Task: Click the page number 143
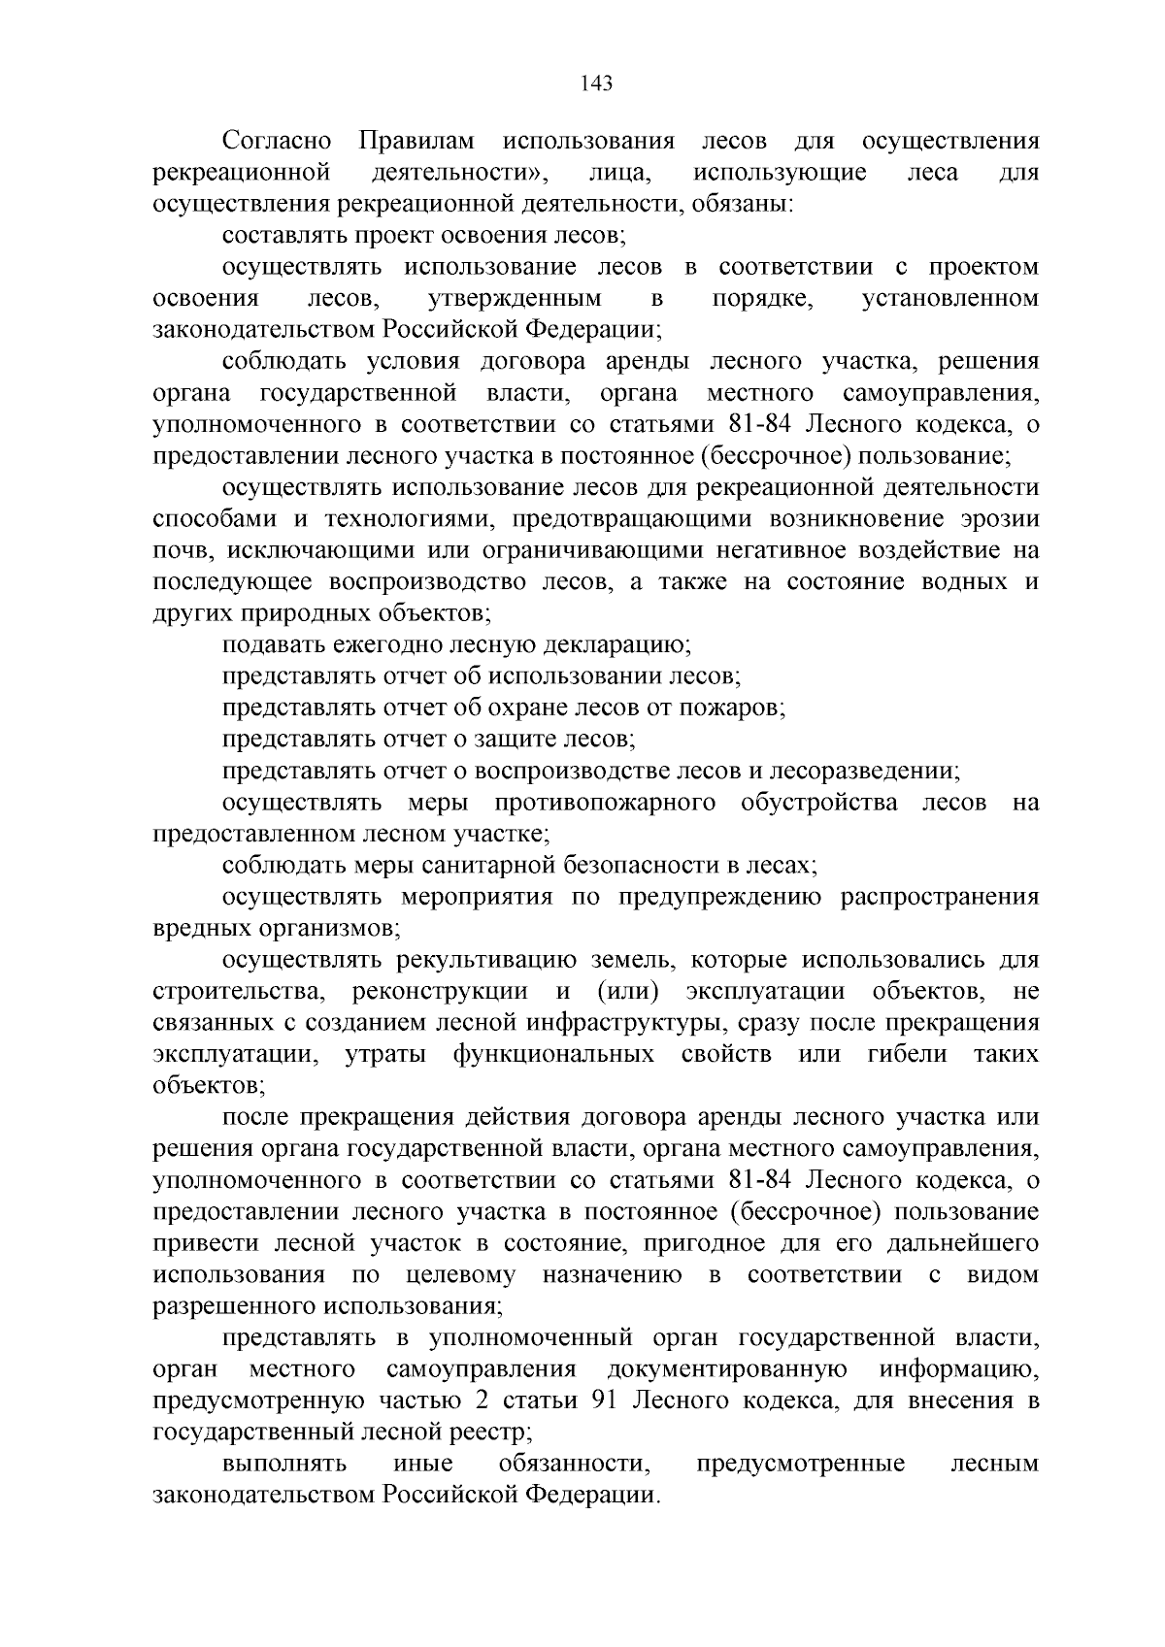(x=596, y=84)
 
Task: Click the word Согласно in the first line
(x=277, y=142)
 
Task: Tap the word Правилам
(x=416, y=142)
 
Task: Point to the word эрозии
(x=998, y=519)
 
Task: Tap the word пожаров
(x=744, y=708)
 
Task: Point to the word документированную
(x=727, y=1369)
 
